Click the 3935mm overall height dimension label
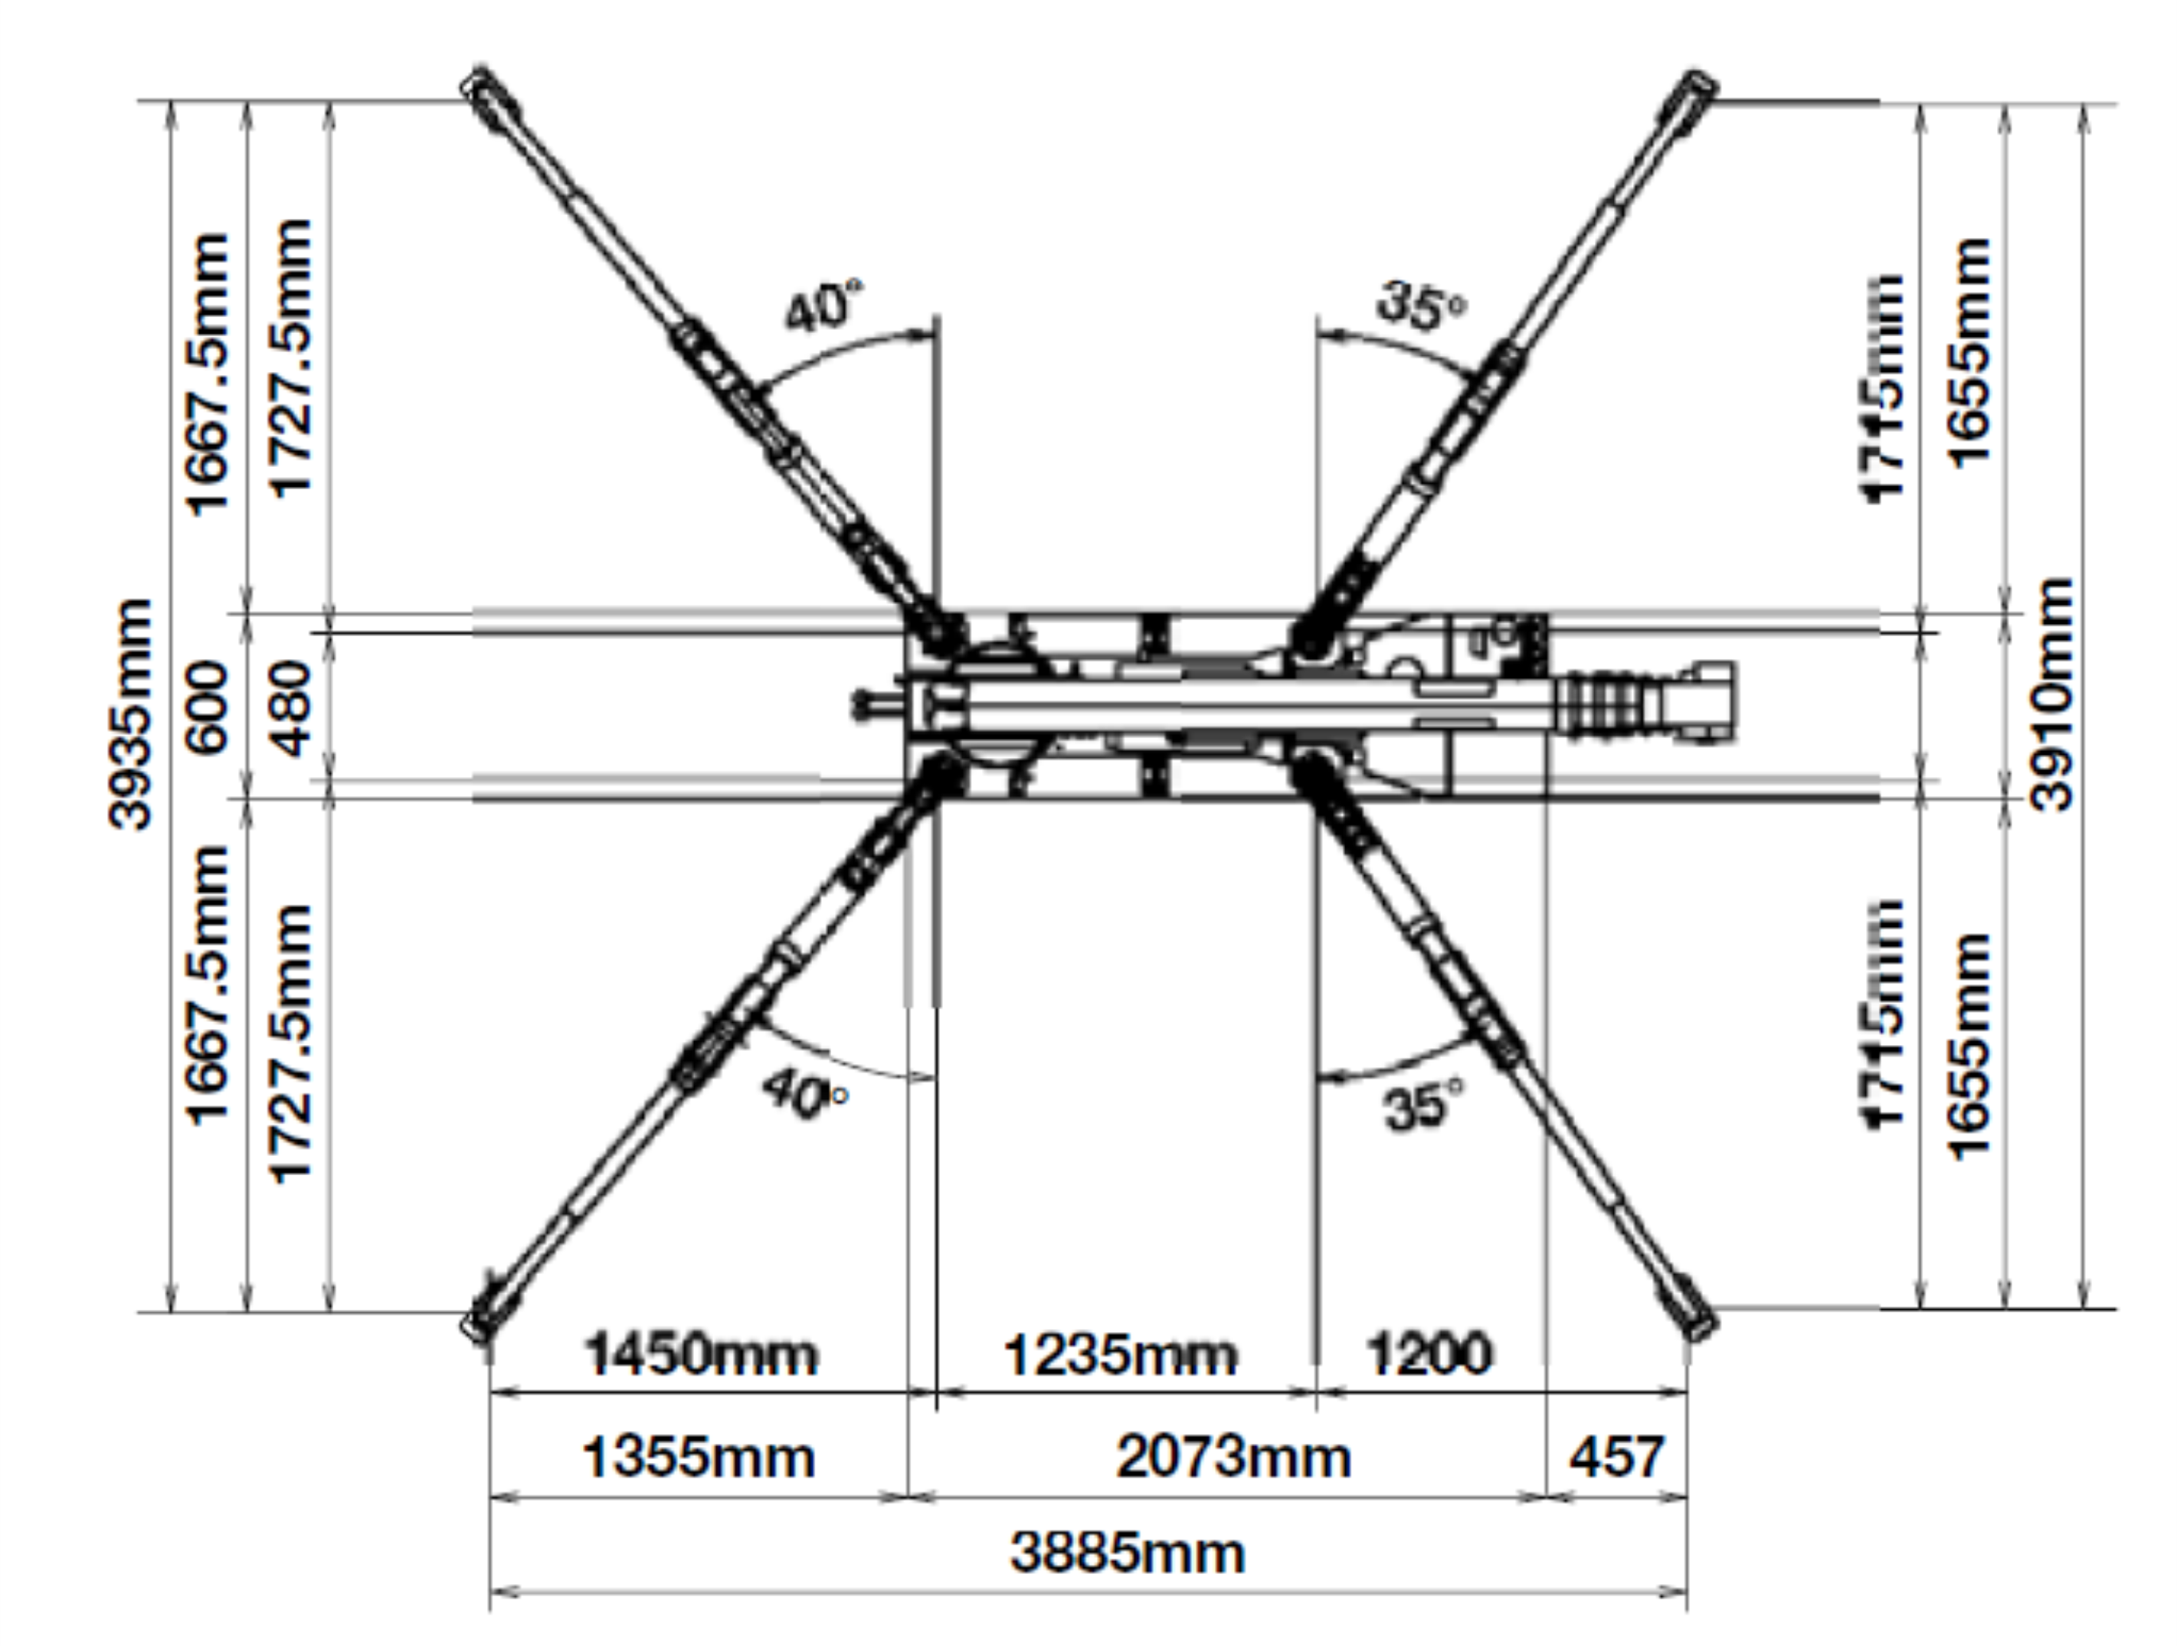coord(131,714)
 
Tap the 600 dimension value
coord(208,707)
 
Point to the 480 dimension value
coord(290,708)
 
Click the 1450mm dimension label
coord(701,1355)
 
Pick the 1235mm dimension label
coord(1119,1356)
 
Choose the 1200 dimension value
coord(1429,1355)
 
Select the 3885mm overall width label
coord(1128,1554)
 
